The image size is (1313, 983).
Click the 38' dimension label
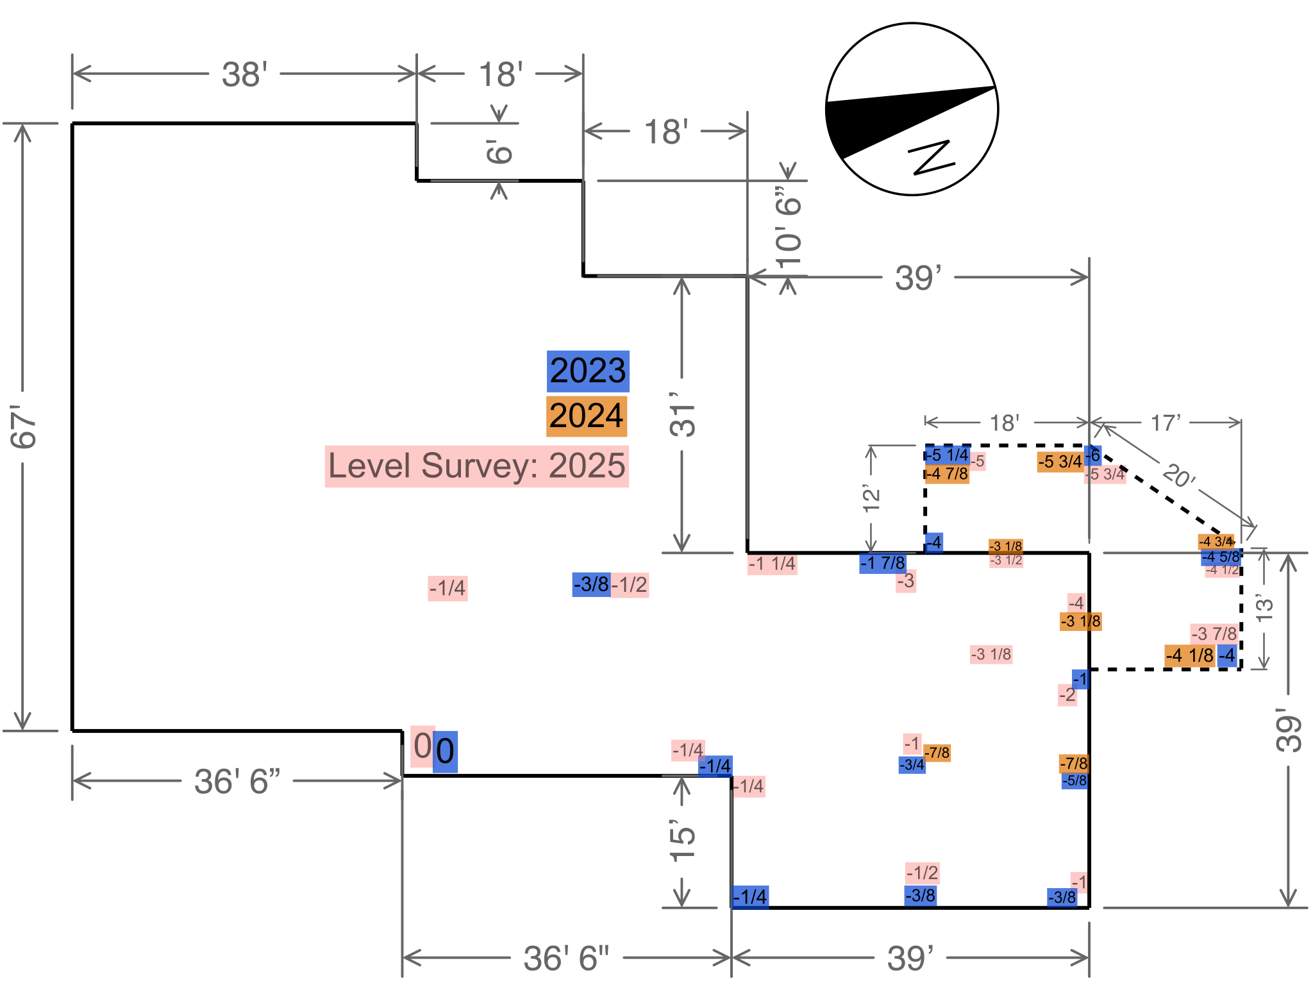click(244, 74)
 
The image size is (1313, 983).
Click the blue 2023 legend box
click(588, 371)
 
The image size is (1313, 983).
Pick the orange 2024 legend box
click(587, 416)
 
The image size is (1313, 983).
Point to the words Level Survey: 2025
click(476, 466)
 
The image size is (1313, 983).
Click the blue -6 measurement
click(1094, 455)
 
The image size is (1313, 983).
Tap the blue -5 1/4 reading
click(948, 455)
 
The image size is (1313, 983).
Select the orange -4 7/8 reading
click(948, 474)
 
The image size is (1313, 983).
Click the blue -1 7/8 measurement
click(883, 563)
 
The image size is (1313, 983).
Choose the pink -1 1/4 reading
click(772, 564)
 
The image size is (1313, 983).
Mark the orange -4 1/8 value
click(1190, 655)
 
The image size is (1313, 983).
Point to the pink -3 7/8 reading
click(1214, 634)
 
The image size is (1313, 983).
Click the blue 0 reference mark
click(445, 751)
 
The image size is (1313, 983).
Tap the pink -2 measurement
click(1067, 694)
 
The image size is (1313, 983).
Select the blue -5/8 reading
click(1075, 781)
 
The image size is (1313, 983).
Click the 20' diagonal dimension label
click(1178, 476)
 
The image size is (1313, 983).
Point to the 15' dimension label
click(682, 840)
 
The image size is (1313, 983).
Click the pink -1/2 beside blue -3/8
click(630, 585)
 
